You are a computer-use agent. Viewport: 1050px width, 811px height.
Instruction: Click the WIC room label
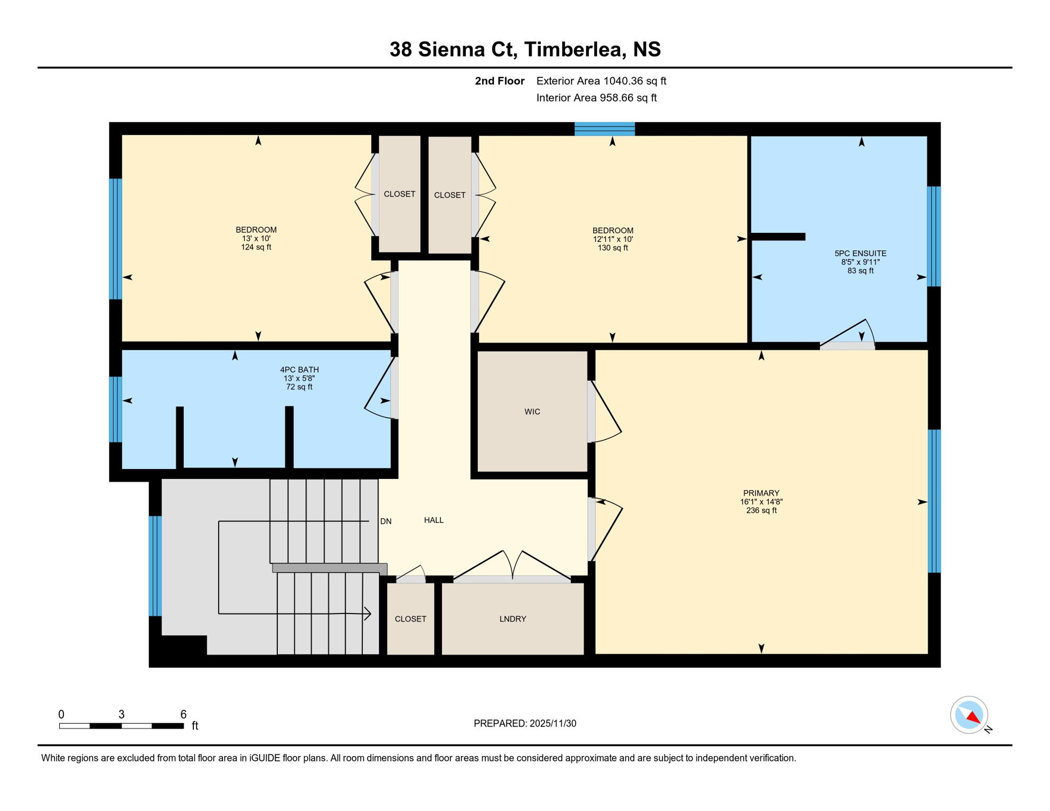click(532, 412)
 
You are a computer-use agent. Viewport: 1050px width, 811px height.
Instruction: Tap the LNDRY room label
click(512, 619)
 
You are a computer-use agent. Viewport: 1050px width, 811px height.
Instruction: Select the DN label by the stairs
click(386, 522)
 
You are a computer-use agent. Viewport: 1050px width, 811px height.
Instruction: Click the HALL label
click(434, 521)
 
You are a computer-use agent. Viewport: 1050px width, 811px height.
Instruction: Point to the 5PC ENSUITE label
click(860, 253)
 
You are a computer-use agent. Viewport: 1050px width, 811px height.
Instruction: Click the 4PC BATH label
click(299, 370)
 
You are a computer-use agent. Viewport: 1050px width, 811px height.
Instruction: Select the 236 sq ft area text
click(761, 511)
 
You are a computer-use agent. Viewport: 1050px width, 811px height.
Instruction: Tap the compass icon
click(969, 715)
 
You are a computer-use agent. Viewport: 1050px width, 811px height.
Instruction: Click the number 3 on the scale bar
click(121, 714)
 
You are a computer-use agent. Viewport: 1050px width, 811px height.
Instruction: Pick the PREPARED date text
click(524, 723)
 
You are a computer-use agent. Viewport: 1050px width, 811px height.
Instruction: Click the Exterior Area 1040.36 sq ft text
click(601, 81)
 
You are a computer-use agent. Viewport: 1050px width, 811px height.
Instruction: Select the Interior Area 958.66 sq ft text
click(596, 98)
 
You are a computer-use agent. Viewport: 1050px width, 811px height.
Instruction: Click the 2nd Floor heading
click(499, 81)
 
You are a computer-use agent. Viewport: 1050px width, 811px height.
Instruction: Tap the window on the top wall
click(604, 129)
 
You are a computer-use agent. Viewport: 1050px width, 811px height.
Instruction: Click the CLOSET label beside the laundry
click(410, 619)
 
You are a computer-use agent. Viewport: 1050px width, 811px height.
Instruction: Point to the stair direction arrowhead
click(368, 614)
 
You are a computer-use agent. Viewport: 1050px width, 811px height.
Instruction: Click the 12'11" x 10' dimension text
click(613, 239)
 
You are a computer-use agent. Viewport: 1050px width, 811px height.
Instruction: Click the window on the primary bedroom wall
click(934, 501)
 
